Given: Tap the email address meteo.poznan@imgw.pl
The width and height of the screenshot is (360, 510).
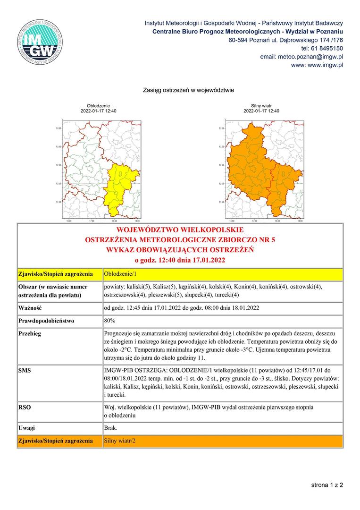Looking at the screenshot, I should (x=301, y=57).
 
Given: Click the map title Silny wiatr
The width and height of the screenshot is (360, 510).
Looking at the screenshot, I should (x=261, y=106).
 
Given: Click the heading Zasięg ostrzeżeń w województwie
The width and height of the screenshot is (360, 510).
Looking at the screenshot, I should (x=188, y=90).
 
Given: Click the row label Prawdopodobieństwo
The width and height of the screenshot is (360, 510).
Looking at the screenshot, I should (x=46, y=321).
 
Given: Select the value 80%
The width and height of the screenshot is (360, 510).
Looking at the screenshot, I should (x=110, y=321).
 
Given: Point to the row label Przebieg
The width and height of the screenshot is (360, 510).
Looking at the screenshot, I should (x=30, y=333).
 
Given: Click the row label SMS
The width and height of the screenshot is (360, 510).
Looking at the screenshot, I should (x=25, y=371).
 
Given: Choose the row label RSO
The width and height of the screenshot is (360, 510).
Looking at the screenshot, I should (x=25, y=407).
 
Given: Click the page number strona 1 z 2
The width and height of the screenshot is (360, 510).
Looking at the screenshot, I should (x=327, y=484).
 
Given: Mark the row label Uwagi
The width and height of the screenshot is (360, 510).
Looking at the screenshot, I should (x=27, y=428).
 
